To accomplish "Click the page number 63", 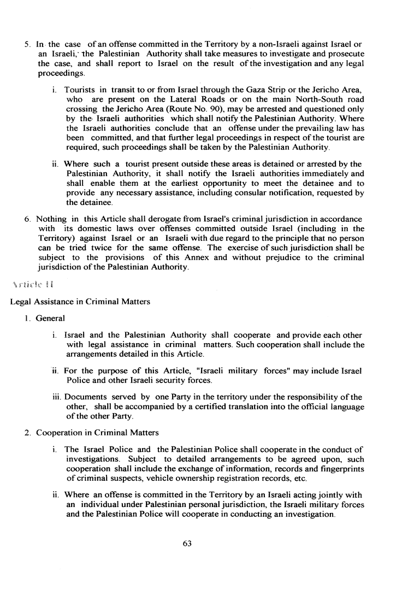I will pyautogui.click(x=189, y=543).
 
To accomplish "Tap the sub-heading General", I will pyautogui.click(x=50, y=318).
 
